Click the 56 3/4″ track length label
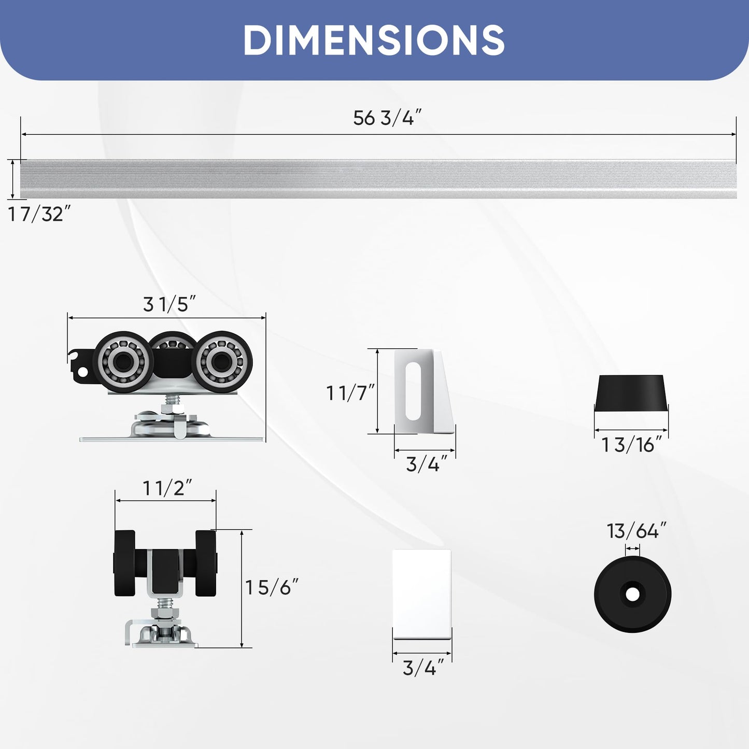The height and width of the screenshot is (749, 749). point(387,118)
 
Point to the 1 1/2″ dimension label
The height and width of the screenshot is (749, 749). point(167,488)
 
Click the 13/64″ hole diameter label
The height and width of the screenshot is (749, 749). point(637,531)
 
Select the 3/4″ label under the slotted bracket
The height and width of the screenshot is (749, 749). point(427,464)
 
